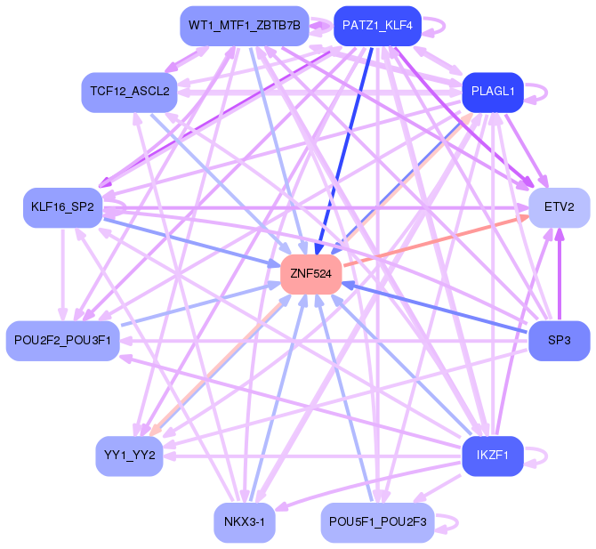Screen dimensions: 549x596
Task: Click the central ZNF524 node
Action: click(310, 274)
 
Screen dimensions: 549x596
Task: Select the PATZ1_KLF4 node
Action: click(376, 26)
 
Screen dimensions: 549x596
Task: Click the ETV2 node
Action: click(560, 207)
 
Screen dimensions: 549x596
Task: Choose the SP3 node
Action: click(560, 341)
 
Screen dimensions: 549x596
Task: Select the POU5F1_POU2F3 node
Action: click(377, 521)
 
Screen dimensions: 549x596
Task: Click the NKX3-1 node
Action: click(244, 522)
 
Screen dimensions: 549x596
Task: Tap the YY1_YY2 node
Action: click(129, 456)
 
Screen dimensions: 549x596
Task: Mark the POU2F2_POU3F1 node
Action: click(62, 341)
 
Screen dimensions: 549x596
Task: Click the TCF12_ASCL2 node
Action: click(129, 92)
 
